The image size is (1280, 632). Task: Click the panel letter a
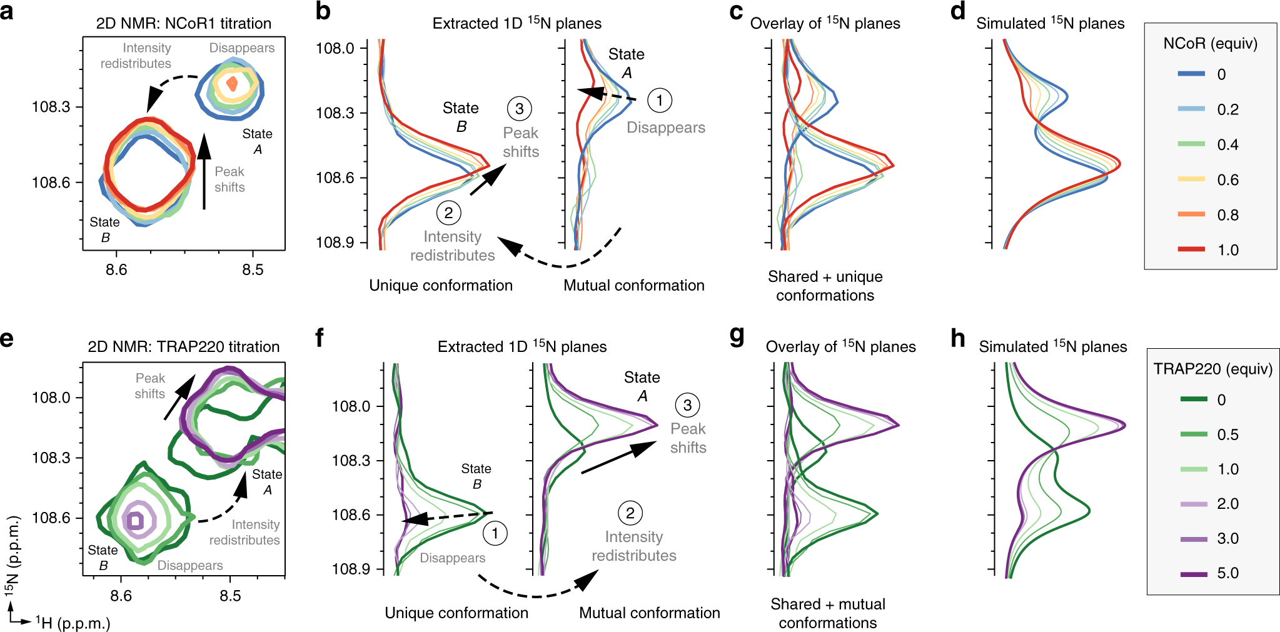[8, 11]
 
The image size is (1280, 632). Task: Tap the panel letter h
[958, 338]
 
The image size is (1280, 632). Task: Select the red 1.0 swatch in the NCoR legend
[1191, 249]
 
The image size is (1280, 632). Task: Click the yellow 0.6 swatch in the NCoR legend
[1191, 179]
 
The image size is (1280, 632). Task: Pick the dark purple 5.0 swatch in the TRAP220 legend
[1194, 573]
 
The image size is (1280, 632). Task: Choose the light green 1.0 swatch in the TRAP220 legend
[1194, 469]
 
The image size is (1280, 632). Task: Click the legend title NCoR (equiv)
[1210, 43]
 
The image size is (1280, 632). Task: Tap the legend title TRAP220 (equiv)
[1212, 369]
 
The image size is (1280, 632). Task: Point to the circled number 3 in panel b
[519, 109]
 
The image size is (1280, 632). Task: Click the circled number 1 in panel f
[495, 533]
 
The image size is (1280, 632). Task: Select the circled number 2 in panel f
[630, 513]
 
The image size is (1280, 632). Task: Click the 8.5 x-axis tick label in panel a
[253, 269]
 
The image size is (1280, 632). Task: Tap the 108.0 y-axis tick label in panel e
[51, 398]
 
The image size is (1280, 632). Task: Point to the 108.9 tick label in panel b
[336, 243]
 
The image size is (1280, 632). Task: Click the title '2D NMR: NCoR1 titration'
[183, 24]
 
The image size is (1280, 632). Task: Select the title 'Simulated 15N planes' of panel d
[1050, 23]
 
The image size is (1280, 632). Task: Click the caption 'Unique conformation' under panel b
[441, 286]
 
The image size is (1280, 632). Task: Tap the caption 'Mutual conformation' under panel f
[649, 613]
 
